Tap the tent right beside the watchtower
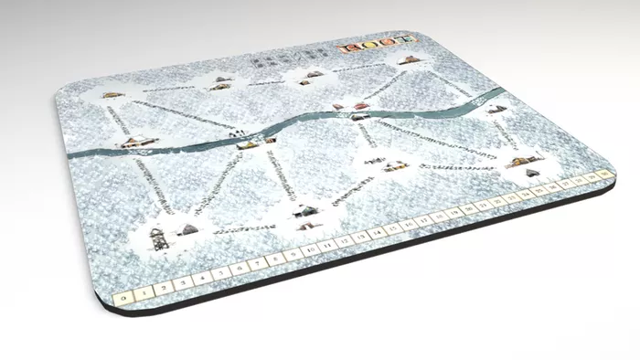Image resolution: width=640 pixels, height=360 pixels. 187,229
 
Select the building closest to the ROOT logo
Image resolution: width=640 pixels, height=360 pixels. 409,61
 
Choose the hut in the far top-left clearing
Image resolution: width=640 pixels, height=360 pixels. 113,94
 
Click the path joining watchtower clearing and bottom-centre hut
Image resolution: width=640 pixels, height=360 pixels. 242,229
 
